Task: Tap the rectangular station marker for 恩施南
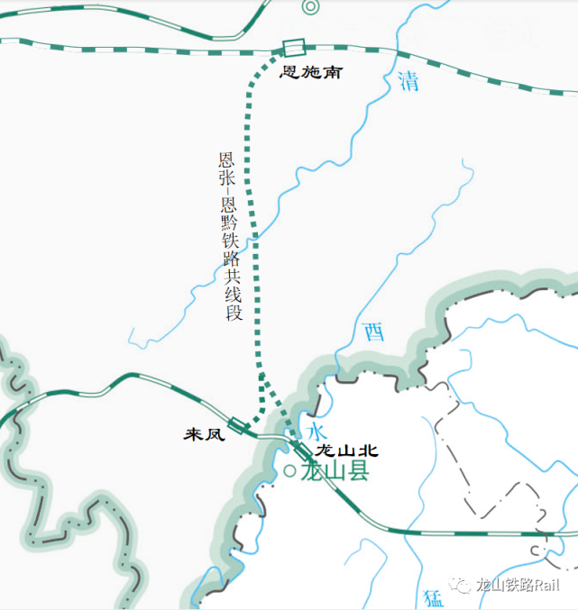pyautogui.click(x=292, y=49)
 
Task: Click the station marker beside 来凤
pyautogui.click(x=239, y=424)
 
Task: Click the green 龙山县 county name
pyautogui.click(x=335, y=471)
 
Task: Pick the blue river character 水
pyautogui.click(x=317, y=430)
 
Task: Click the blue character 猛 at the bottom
pyautogui.click(x=432, y=597)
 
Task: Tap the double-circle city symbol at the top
pyautogui.click(x=311, y=7)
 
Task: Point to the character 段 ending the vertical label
pyautogui.click(x=234, y=313)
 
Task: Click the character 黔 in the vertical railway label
pyautogui.click(x=231, y=221)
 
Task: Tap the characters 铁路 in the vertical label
pyautogui.click(x=233, y=252)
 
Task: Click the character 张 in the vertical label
pyautogui.click(x=226, y=178)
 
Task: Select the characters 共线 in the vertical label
pyautogui.click(x=234, y=287)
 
